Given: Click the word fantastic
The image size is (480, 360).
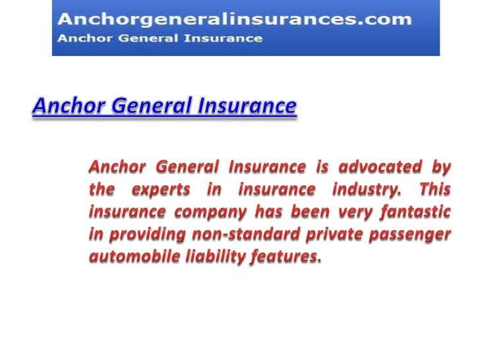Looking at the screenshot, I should [414, 212].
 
